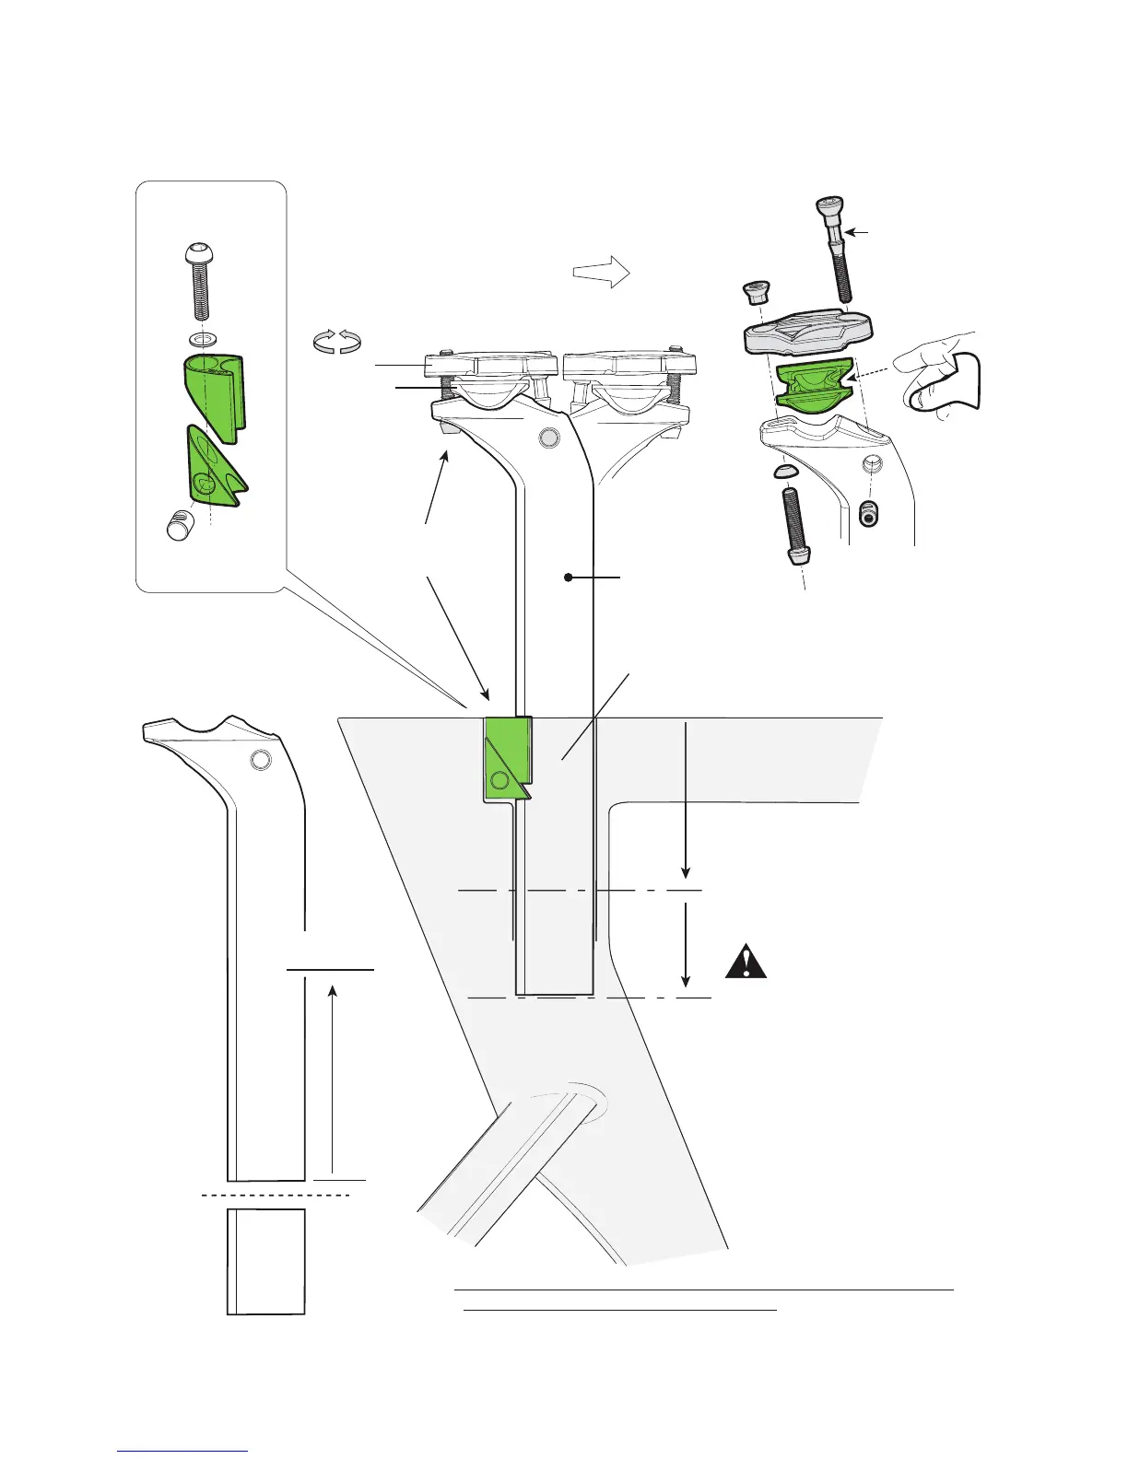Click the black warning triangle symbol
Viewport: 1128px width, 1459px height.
click(746, 962)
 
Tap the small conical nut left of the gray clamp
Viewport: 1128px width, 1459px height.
click(755, 294)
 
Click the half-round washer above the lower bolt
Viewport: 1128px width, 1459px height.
click(784, 472)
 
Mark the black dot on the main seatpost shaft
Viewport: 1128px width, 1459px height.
click(569, 578)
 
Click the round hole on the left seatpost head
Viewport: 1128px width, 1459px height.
click(260, 760)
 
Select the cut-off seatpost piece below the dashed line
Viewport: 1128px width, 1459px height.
click(265, 1261)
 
